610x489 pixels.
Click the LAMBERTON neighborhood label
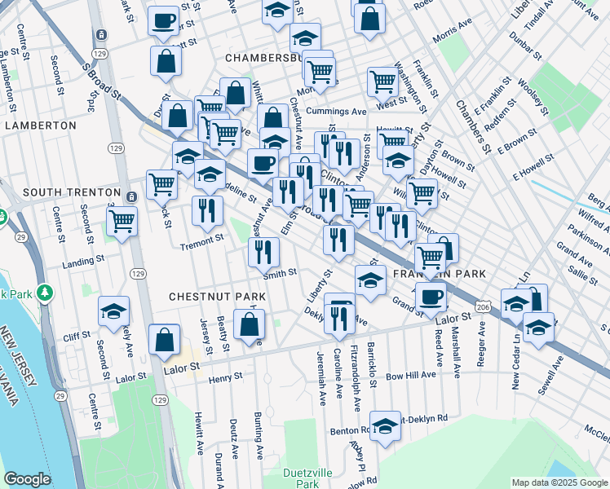click(41, 126)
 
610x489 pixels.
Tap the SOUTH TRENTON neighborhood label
click(60, 192)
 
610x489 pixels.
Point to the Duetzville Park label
click(295, 478)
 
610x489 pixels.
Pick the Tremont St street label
click(201, 240)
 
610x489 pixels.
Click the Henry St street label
click(225, 377)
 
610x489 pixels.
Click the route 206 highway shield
click(484, 306)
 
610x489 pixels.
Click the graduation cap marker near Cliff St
click(113, 310)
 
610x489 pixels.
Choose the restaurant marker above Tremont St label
click(208, 209)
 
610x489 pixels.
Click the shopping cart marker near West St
click(382, 81)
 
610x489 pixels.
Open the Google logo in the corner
click(28, 479)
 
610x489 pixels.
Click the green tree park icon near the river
click(46, 292)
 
